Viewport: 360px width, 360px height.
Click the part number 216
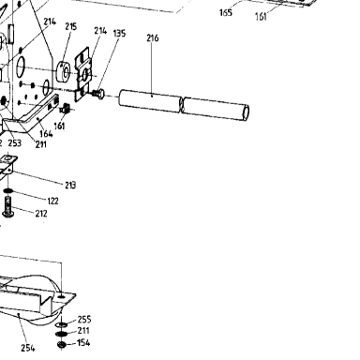(153, 38)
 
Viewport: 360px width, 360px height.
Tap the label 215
(71, 26)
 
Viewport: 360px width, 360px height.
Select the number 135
(119, 33)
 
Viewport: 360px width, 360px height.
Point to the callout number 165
(226, 12)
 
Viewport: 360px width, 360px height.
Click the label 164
(46, 133)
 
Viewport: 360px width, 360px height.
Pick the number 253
(15, 143)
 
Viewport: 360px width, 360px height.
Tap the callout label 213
(70, 185)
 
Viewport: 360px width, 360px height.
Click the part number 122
(52, 201)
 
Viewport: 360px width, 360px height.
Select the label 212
(41, 214)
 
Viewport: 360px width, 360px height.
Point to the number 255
(84, 319)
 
